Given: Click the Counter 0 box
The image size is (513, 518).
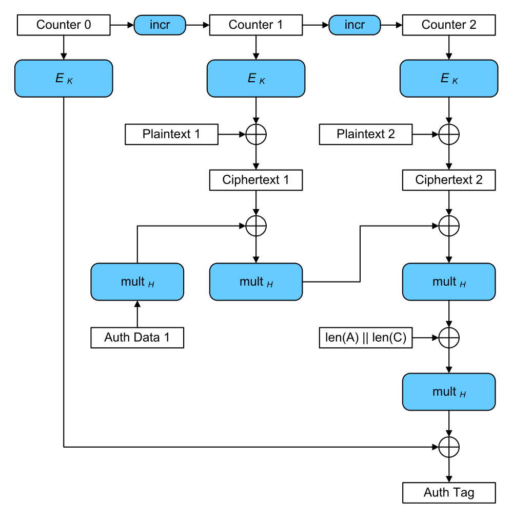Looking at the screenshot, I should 64,25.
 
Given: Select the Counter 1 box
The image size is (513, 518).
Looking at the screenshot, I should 256,25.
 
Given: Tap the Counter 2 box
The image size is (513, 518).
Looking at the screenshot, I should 449,25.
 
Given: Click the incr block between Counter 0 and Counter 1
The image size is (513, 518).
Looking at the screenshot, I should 160,25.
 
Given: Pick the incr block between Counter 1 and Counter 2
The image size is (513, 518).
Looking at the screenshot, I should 354,25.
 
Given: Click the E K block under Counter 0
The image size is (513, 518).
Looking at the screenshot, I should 64,79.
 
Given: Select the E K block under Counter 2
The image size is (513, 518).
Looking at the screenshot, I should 449,79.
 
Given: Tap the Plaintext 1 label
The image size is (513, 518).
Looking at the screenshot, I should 171,135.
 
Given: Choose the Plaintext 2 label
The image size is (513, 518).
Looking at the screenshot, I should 366,135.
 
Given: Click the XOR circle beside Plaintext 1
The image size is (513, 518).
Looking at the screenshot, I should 256,135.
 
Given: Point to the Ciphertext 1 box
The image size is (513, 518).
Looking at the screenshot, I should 256,180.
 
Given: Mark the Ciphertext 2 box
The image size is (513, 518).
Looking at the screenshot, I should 449,180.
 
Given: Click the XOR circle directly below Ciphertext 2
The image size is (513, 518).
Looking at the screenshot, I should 449,226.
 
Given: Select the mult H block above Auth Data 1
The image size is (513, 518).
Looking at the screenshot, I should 137,282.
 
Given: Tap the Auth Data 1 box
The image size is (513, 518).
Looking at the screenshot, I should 137,338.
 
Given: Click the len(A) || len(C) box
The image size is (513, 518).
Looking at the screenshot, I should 366,338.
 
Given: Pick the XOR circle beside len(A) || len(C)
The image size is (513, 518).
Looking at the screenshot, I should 449,338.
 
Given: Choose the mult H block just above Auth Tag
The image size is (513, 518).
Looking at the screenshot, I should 449,392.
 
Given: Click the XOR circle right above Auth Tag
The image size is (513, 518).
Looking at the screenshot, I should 449,447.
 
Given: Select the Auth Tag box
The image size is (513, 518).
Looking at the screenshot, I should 449,493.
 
